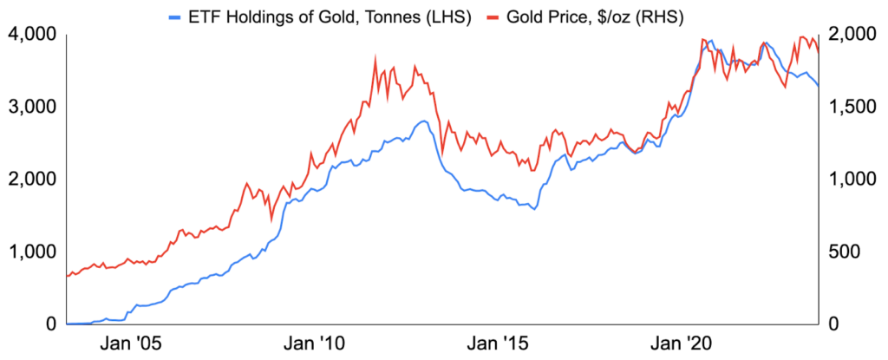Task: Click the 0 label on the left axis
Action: pos(50,324)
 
